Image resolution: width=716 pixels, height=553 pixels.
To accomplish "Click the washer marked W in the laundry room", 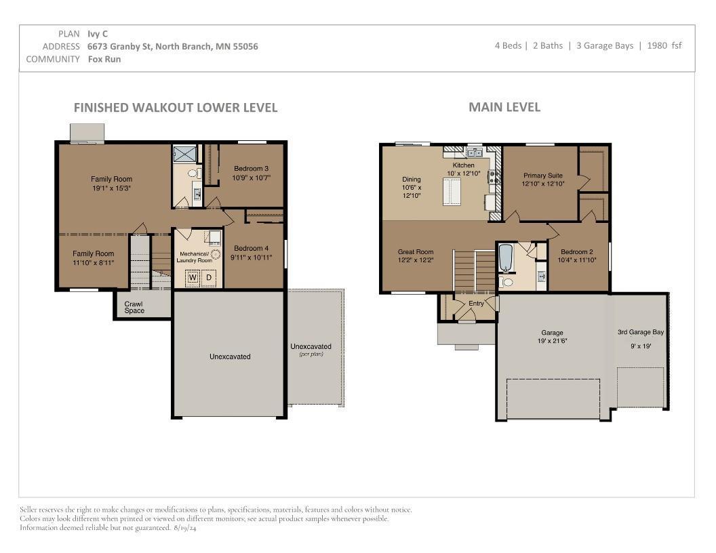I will [193, 276].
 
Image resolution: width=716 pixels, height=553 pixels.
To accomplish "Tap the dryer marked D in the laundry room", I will [210, 276].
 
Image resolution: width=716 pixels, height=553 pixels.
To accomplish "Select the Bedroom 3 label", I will [252, 169].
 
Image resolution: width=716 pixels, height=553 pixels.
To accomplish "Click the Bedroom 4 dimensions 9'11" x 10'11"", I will [251, 258].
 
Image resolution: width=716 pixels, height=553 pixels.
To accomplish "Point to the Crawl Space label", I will [134, 307].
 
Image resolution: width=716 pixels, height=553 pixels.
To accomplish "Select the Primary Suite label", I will [542, 176].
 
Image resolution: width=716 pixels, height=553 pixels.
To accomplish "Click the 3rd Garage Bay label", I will [641, 332].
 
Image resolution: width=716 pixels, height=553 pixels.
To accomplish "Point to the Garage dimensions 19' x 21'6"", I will [553, 341].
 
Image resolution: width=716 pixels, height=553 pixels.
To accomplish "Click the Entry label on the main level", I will [477, 304].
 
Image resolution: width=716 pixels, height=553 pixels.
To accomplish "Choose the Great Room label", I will [416, 251].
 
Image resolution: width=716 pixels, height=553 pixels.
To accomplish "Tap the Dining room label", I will [412, 180].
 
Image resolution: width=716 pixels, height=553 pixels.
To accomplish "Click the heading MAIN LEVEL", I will [504, 107].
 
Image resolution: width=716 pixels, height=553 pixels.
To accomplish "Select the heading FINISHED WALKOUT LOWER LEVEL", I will [175, 108].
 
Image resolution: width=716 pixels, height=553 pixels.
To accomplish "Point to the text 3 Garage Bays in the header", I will [605, 45].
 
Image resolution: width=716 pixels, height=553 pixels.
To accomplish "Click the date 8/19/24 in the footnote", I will [184, 527].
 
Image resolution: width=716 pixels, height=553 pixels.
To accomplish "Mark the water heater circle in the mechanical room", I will [215, 255].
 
